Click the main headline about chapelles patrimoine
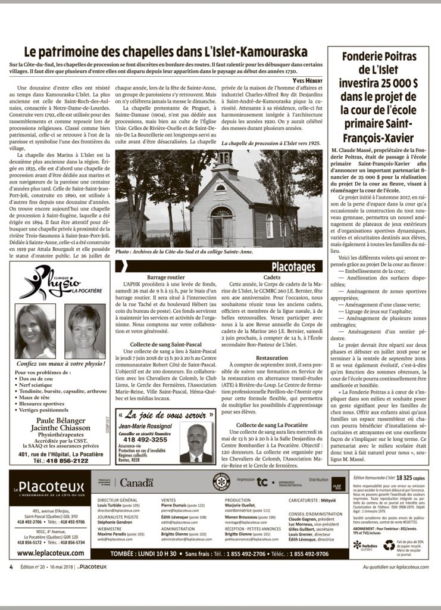164,52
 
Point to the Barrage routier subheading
165,278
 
